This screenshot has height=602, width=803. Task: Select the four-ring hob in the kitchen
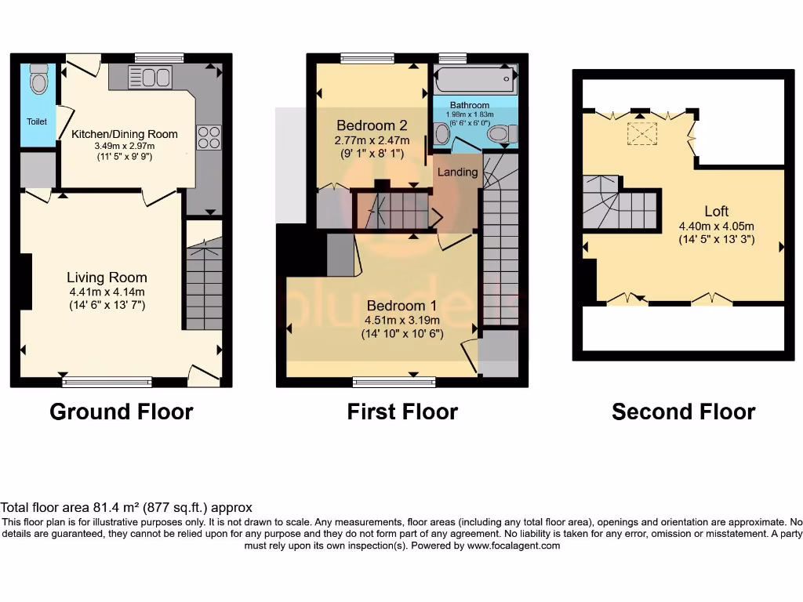point(208,137)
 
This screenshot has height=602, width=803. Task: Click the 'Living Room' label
point(107,277)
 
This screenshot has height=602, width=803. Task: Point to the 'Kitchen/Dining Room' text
point(125,134)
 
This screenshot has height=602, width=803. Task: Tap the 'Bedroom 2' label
point(372,125)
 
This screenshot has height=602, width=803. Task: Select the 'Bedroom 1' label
point(402,306)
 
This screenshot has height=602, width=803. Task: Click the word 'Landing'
point(457,172)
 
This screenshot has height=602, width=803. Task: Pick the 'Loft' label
point(716,211)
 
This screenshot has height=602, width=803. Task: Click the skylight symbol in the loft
point(641,134)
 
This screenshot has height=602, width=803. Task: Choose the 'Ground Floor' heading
point(121,412)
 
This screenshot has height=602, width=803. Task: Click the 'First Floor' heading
point(402,412)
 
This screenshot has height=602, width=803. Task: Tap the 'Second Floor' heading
point(683,412)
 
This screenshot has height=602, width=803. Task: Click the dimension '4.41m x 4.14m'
point(107,292)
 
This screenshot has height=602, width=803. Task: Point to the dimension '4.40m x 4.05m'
point(717,227)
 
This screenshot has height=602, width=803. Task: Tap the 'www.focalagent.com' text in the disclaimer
point(514,546)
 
